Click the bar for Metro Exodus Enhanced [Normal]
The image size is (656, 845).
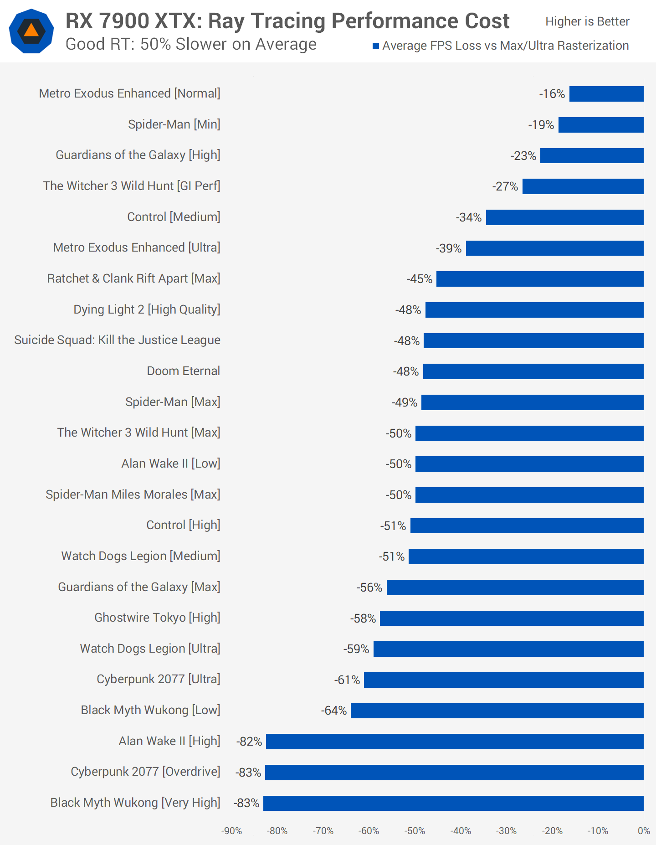(x=606, y=94)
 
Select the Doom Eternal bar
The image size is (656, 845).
(x=533, y=371)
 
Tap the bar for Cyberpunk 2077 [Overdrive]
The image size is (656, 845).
(x=454, y=773)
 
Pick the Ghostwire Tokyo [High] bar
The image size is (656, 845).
(x=512, y=618)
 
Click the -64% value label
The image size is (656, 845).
(x=334, y=711)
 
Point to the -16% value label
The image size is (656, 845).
(x=552, y=94)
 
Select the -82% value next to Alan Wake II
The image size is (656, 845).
(x=249, y=742)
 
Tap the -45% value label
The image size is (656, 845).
(x=420, y=279)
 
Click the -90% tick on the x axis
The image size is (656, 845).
(x=231, y=831)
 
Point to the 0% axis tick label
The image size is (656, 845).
(x=644, y=831)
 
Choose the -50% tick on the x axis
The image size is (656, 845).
(x=415, y=831)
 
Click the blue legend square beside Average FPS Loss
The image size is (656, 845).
(x=376, y=46)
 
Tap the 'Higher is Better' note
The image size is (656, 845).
(x=587, y=21)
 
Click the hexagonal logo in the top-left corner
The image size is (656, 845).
(x=31, y=31)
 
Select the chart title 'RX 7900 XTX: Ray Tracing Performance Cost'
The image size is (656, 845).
(x=287, y=21)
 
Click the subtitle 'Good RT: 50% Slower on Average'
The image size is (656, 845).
(x=191, y=44)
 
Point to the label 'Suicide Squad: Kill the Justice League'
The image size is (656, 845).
(x=117, y=340)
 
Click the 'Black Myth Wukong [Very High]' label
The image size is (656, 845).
(x=135, y=803)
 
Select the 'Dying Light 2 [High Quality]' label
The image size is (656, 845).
(x=147, y=309)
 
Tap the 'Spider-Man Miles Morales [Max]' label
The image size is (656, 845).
(x=133, y=495)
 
